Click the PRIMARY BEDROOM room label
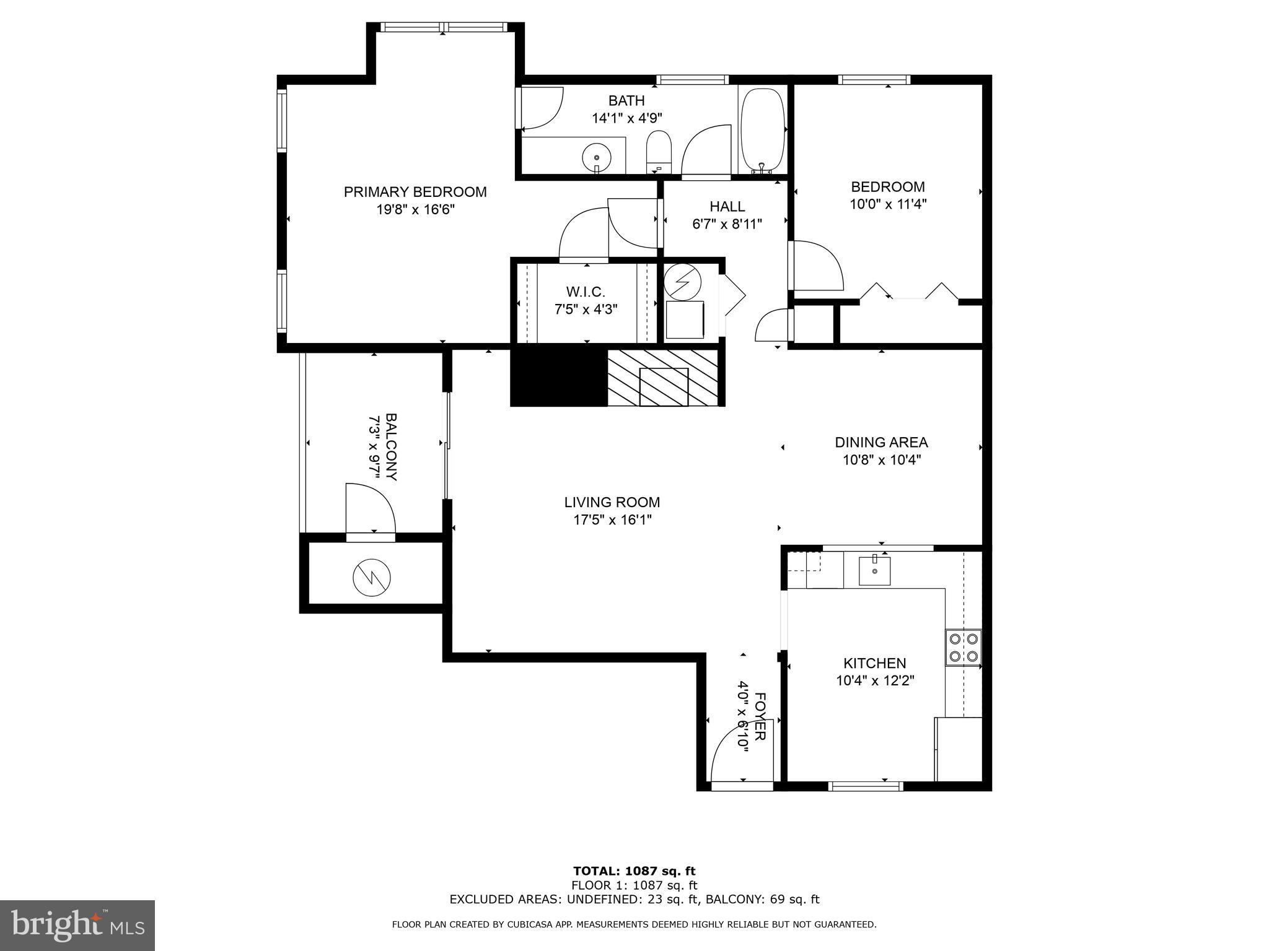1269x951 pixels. [x=415, y=192]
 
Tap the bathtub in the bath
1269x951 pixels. [x=763, y=130]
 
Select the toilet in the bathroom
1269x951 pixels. [x=659, y=151]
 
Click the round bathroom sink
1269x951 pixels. [x=597, y=157]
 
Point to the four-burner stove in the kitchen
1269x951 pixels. [x=963, y=647]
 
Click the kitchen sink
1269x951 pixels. [x=874, y=571]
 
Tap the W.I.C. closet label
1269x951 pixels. [x=585, y=292]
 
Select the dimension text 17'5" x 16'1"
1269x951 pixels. [x=612, y=520]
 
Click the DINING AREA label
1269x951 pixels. [x=881, y=442]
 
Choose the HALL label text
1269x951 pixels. [x=727, y=206]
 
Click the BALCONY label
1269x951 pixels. [x=392, y=447]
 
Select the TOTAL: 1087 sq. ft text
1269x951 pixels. [x=634, y=871]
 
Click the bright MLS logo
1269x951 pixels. [x=77, y=925]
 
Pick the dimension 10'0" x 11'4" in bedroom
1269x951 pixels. [x=887, y=204]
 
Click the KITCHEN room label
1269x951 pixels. [x=874, y=663]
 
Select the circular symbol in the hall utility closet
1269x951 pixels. [x=682, y=282]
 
